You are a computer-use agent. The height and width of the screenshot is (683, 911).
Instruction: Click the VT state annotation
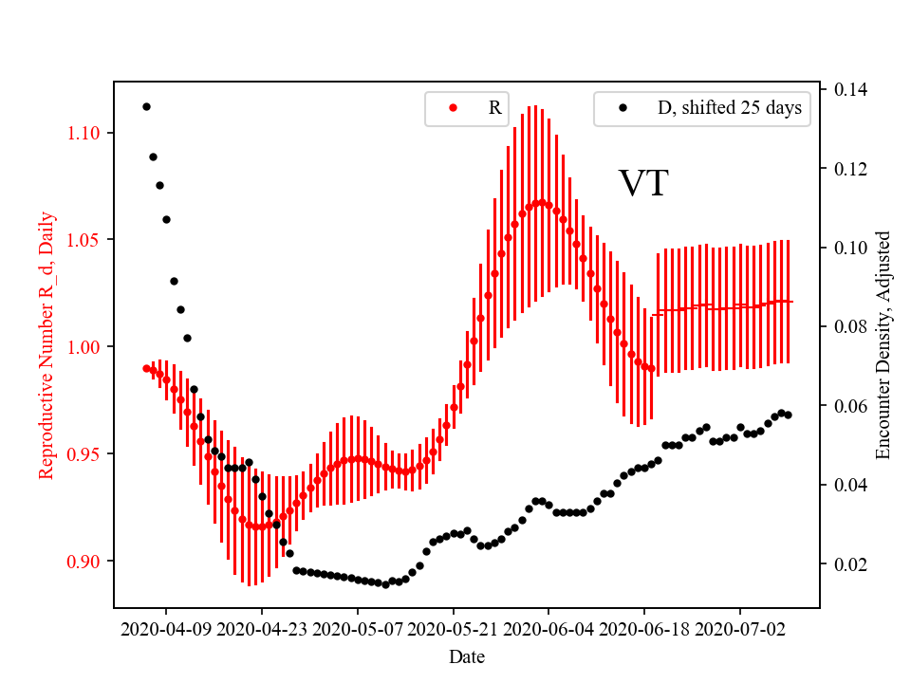tap(643, 184)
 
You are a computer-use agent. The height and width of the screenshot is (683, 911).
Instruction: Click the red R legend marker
tap(453, 108)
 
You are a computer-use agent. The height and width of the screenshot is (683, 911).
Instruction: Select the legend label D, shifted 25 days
tap(729, 108)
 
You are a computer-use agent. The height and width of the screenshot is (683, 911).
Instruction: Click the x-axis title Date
tap(467, 655)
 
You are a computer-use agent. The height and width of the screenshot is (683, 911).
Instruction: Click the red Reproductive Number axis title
tap(46, 345)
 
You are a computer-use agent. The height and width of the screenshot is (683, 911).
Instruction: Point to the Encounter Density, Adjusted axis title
tap(883, 345)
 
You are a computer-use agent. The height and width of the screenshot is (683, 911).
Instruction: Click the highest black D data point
tap(146, 106)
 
